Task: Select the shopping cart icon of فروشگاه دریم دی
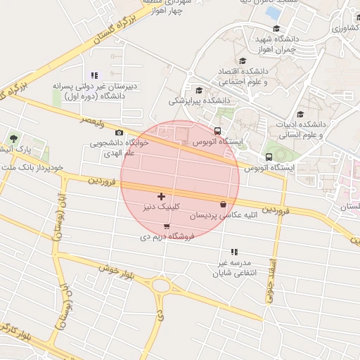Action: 166,226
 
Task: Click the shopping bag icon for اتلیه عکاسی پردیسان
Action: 223,205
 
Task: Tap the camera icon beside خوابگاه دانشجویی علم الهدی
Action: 119,132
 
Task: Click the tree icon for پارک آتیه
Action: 13,138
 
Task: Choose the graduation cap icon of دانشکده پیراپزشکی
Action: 199,90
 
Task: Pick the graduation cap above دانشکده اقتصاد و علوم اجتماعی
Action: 243,61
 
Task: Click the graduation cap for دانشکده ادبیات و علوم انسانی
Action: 300,114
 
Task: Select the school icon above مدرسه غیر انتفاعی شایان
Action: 234,252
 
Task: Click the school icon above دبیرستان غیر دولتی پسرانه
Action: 94,75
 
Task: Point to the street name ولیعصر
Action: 93,124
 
